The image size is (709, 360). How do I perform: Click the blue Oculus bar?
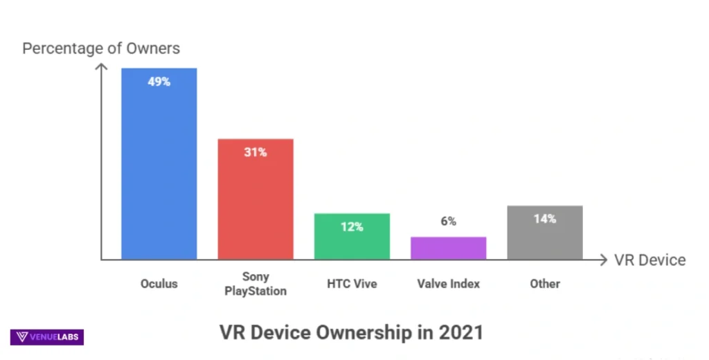point(159,166)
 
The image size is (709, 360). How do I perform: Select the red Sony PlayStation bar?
point(255,201)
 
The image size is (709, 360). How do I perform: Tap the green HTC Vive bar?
point(352,239)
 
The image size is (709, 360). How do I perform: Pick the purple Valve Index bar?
point(448,248)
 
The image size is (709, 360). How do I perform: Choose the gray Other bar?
point(544,235)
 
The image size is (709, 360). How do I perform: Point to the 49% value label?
point(159,82)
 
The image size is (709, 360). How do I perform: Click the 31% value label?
point(255,152)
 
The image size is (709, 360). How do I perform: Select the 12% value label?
point(352,226)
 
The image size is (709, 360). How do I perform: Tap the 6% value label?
point(448,222)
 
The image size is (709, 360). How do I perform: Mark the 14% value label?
point(544,219)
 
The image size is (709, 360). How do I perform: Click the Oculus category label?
point(159,283)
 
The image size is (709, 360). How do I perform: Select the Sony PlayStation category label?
point(255,284)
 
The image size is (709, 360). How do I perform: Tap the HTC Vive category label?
point(352,283)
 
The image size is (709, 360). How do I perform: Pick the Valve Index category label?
point(448,283)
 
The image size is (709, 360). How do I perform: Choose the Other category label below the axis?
point(544,283)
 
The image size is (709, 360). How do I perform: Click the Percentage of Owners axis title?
point(101,48)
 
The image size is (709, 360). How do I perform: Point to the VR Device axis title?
point(649,260)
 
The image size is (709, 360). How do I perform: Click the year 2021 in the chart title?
point(460,332)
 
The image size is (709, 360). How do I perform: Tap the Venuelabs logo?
point(47,337)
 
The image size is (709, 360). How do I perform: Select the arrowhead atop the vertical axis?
point(101,66)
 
